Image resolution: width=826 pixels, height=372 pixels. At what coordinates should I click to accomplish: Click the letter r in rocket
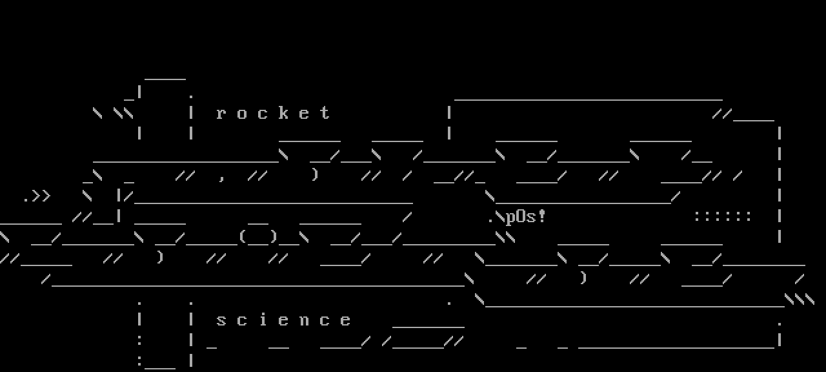221,114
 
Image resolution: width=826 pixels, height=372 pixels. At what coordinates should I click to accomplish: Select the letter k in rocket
283,113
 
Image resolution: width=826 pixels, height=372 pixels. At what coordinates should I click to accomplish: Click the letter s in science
221,320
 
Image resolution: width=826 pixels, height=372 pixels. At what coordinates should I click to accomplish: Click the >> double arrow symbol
41,196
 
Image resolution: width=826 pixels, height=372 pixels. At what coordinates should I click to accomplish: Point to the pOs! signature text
526,217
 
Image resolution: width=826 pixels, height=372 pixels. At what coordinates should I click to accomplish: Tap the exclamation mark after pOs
541,216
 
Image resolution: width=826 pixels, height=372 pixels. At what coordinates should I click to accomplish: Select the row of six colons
723,216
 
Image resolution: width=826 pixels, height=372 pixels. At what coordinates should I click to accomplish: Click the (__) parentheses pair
258,237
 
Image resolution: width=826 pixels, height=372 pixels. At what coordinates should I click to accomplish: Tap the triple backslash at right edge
800,300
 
